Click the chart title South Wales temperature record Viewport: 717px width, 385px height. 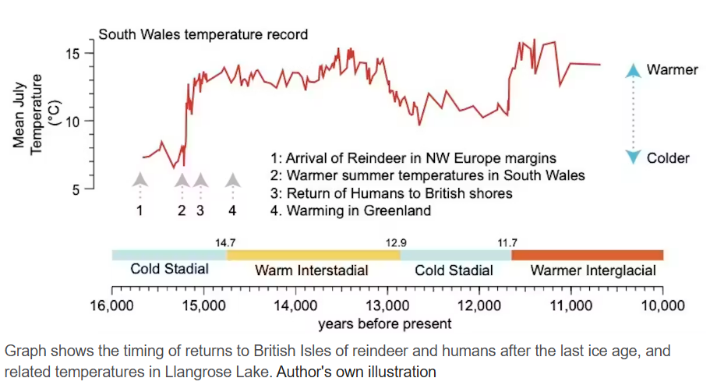tap(203, 35)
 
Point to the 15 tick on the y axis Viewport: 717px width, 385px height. tap(73, 54)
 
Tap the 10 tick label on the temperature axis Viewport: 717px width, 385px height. tap(73, 122)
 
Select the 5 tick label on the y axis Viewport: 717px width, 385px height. tap(77, 189)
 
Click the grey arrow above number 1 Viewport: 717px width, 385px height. tap(140, 181)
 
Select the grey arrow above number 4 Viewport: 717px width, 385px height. tap(232, 181)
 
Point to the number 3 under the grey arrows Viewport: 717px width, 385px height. tap(200, 210)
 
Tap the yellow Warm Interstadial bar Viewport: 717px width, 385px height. tap(313, 255)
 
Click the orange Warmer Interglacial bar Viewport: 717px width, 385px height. tap(587, 255)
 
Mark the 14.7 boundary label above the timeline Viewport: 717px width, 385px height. tap(226, 243)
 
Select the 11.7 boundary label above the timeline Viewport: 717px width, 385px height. tap(508, 243)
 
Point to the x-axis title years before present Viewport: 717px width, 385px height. tap(384, 323)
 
